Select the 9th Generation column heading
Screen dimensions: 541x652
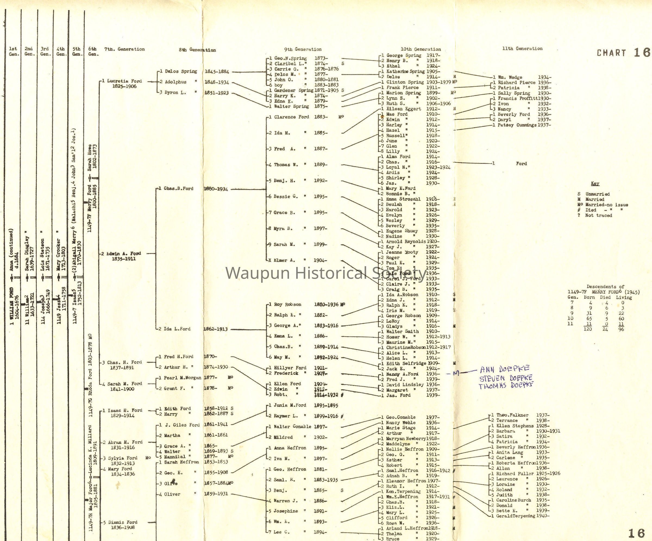(x=303, y=49)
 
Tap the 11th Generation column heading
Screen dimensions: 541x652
(x=522, y=48)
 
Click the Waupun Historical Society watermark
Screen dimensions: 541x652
(x=326, y=273)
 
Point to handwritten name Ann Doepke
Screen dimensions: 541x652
(x=504, y=369)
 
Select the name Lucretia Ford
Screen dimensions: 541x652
(x=124, y=81)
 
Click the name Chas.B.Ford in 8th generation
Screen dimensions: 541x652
(x=178, y=188)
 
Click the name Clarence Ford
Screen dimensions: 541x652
(x=291, y=117)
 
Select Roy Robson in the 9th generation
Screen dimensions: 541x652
(x=287, y=304)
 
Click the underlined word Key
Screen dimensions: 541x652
(x=595, y=183)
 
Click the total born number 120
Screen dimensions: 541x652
(x=588, y=329)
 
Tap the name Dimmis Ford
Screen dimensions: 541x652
(x=123, y=522)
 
